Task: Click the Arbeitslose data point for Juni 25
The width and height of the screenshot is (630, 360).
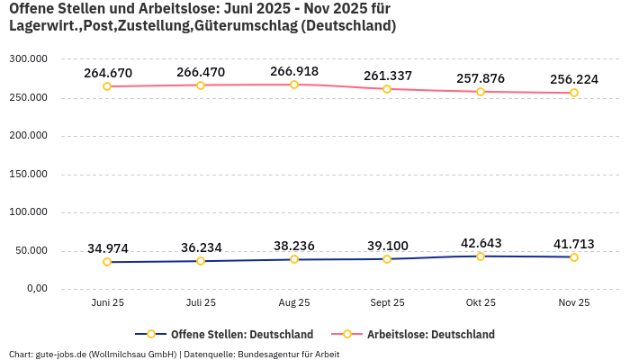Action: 107,86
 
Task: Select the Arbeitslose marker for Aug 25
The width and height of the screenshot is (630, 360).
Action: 294,85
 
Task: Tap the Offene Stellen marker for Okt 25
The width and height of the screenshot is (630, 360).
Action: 481,256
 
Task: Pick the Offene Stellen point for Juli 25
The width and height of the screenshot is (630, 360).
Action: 201,261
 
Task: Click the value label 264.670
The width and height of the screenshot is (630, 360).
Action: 108,73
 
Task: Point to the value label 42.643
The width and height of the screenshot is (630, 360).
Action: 481,243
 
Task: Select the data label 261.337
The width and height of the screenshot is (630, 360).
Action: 388,76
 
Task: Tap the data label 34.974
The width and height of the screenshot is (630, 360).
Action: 108,248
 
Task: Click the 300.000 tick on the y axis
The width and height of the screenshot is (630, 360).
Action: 28,59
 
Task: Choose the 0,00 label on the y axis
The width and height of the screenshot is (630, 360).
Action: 35,288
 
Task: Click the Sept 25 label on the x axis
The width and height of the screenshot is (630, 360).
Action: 387,302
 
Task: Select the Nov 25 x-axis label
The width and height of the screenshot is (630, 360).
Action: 573,302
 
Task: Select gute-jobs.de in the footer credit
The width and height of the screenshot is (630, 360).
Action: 60,354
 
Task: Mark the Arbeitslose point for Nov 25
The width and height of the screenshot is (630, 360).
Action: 574,93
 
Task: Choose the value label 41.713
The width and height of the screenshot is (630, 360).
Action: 574,244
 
